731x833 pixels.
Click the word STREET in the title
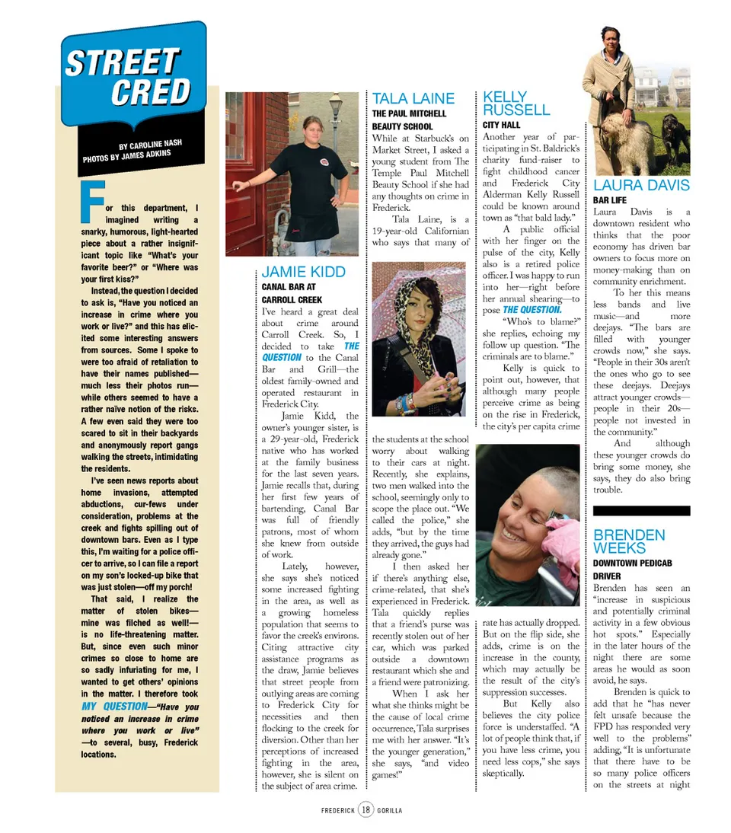122,62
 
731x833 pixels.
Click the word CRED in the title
150,92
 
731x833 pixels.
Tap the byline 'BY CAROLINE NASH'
150,144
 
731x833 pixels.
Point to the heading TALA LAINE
413,98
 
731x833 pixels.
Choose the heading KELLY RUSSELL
516,104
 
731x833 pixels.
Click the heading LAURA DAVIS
641,185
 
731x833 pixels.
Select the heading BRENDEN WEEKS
629,541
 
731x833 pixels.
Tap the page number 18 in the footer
365,809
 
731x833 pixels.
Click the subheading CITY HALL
501,125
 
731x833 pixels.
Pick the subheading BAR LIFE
609,200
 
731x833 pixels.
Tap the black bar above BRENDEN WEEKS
641,511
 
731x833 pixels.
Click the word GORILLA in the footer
389,809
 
